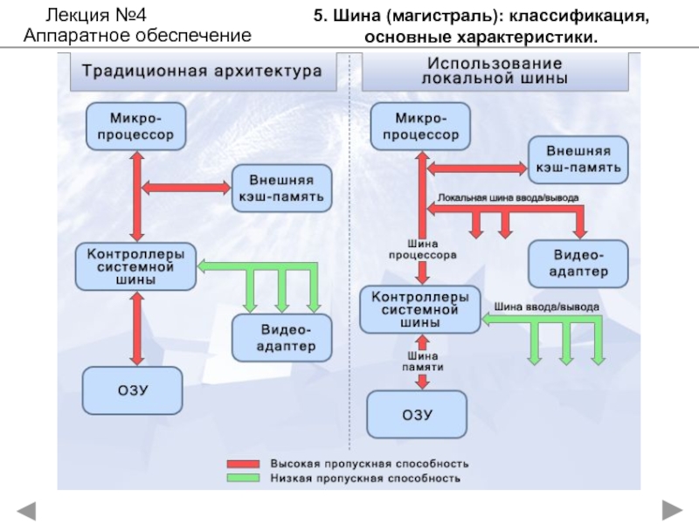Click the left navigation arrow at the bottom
point(26,509)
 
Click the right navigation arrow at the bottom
point(673,509)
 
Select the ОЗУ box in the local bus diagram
point(417,414)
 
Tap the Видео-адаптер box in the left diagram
point(284,338)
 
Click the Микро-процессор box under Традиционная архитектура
point(135,126)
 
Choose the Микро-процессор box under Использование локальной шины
point(420,126)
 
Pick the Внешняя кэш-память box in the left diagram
point(280,188)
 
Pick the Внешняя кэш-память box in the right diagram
point(578,158)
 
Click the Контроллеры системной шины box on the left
point(135,267)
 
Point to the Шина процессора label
point(422,251)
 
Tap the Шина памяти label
point(421,362)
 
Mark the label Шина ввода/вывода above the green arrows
point(548,307)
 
